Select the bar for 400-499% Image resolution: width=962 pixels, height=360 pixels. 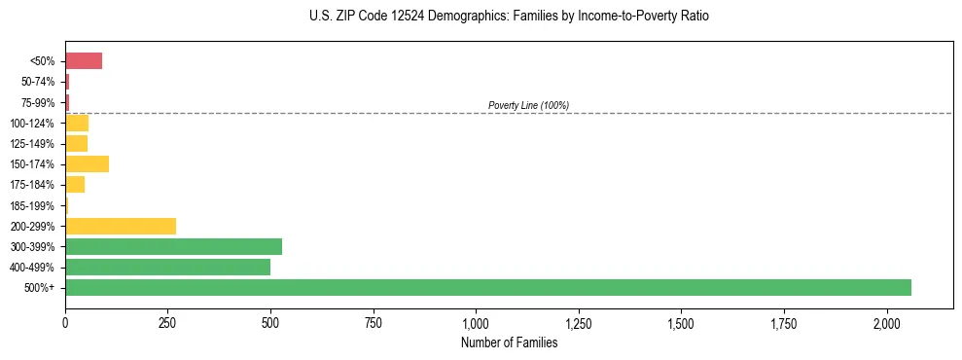tap(167, 267)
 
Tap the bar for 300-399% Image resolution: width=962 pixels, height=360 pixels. tap(173, 246)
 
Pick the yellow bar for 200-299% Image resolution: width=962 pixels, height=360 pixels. tap(121, 226)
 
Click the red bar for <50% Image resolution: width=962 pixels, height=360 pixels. tap(84, 61)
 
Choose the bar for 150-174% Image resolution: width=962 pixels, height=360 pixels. tap(87, 163)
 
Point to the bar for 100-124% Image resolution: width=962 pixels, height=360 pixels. tap(77, 123)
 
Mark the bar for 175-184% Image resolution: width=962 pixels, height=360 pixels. tap(75, 184)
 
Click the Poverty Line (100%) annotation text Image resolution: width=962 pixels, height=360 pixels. tap(528, 105)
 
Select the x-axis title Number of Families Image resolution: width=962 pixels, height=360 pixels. tap(509, 342)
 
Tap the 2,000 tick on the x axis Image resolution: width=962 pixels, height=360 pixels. tap(886, 322)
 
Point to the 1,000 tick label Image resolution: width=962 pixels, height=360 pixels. tap(476, 322)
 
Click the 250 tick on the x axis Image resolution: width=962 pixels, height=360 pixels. tap(167, 322)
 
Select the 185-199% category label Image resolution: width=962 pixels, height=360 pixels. tap(32, 205)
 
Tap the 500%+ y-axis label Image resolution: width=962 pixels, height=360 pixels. tap(40, 288)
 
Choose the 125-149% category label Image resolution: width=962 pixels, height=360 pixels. tap(32, 144)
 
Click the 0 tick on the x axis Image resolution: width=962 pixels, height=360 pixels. tap(65, 322)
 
